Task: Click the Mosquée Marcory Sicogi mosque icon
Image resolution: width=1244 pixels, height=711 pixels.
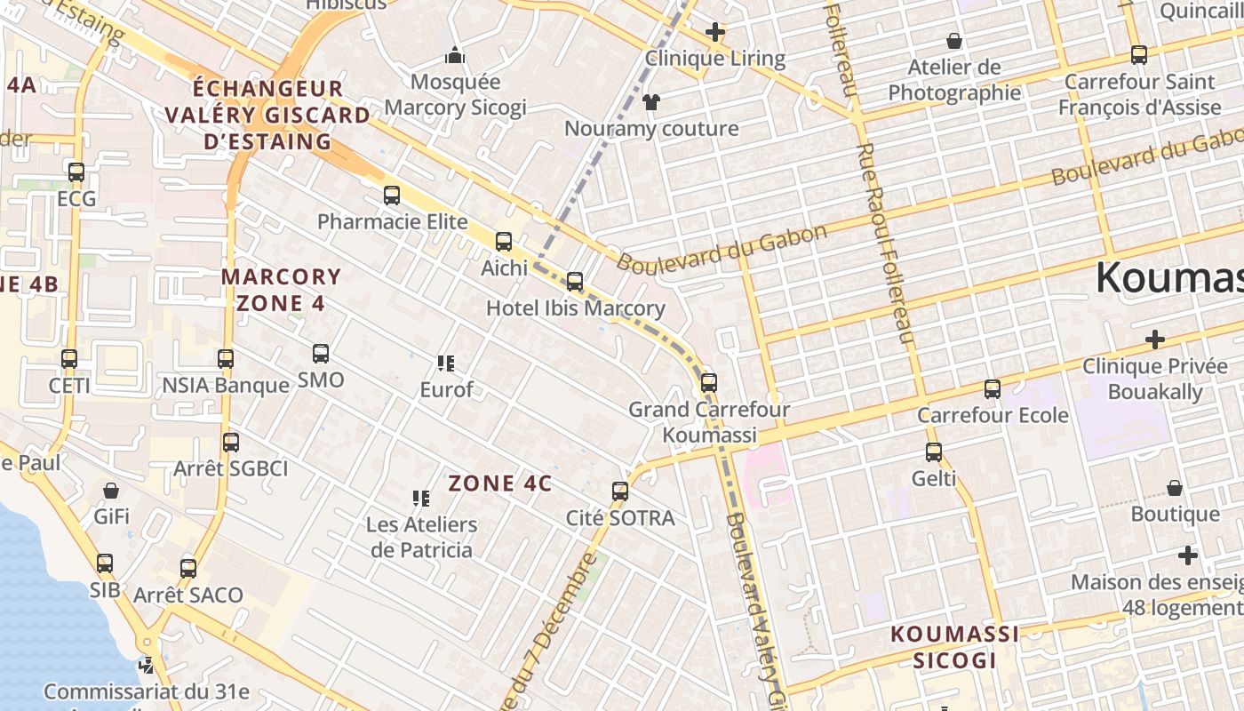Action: coord(455,56)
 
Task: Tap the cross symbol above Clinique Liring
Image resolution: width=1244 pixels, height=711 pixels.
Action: coord(715,33)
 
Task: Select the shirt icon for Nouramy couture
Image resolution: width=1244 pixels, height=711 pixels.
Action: coord(651,102)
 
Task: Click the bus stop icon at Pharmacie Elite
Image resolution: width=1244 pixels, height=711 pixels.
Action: coord(392,196)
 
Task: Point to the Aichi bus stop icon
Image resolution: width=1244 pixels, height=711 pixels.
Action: coord(504,241)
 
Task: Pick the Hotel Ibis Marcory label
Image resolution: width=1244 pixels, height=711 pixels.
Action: coord(575,308)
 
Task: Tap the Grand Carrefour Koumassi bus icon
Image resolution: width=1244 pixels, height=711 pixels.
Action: coord(708,383)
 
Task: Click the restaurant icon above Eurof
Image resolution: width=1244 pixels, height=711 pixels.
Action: coord(446,363)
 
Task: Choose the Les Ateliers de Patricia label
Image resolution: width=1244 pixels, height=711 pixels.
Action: coord(421,537)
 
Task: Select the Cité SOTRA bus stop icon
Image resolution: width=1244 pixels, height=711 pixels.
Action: coord(620,491)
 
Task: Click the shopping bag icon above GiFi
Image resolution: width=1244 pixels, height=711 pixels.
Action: coord(111,491)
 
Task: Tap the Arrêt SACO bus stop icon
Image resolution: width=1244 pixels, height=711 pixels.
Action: coord(188,568)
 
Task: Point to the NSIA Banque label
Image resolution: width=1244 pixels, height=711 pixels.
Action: coord(226,385)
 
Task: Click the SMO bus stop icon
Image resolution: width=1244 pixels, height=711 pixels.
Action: coord(321,354)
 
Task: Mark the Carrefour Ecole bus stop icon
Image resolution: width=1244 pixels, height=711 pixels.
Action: coord(993,388)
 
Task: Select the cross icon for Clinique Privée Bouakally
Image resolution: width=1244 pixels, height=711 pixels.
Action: coord(1155,340)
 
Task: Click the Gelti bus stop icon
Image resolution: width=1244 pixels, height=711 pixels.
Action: coord(934,452)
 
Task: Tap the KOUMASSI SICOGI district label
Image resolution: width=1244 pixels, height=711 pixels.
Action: coord(955,647)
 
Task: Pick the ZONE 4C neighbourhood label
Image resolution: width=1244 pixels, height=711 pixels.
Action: coord(500,483)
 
